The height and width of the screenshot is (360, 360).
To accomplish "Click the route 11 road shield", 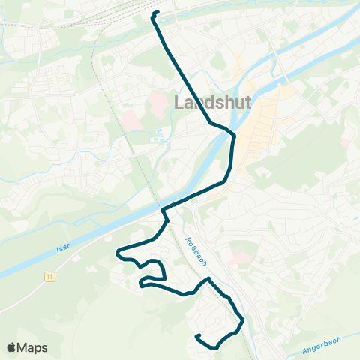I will (49, 277).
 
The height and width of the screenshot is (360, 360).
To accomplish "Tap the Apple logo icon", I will (13, 347).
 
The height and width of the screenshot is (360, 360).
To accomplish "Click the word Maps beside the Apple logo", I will (33, 347).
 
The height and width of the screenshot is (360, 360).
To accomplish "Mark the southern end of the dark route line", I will (196, 337).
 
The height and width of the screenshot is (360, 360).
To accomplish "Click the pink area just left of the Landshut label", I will (157, 100).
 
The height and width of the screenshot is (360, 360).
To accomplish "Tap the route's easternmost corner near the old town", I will (235, 136).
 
